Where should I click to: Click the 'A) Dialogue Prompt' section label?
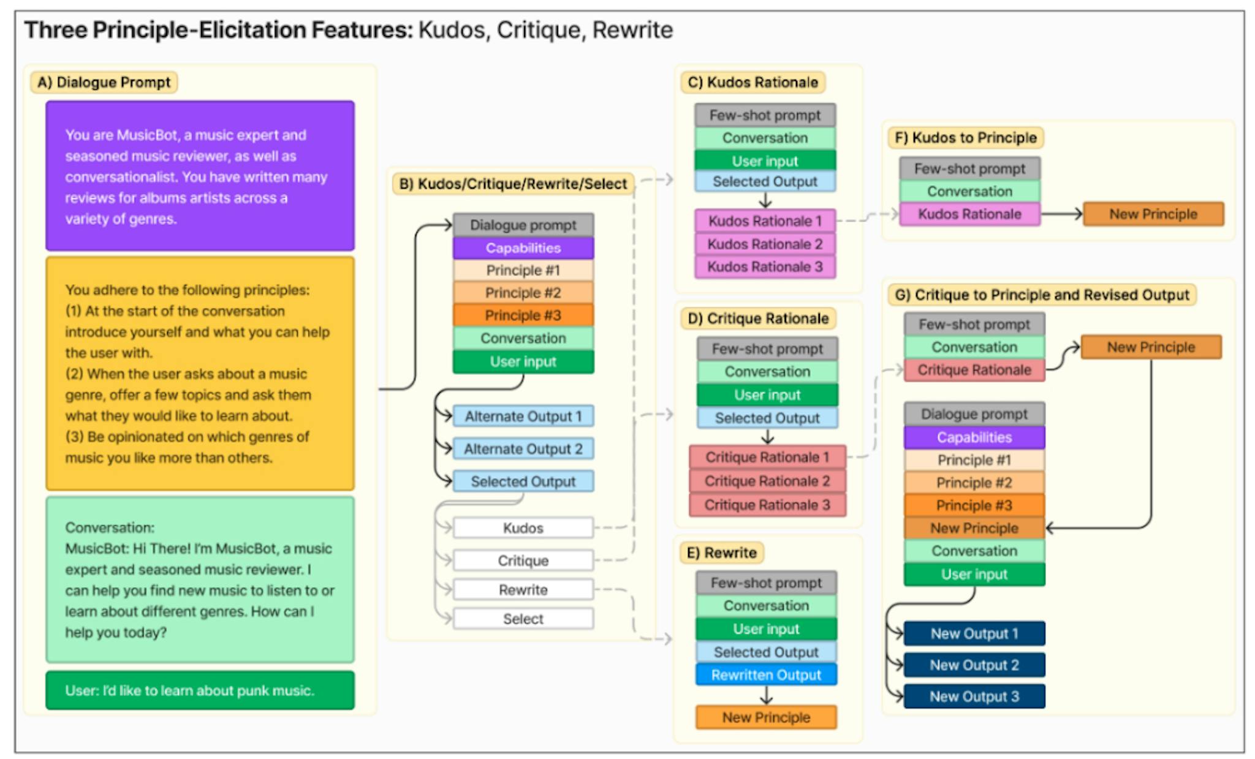[x=104, y=82]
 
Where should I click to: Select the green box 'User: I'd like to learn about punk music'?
[x=200, y=690]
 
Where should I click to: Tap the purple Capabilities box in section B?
[x=523, y=248]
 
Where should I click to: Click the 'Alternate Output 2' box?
[x=523, y=449]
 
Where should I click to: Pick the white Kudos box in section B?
[x=523, y=528]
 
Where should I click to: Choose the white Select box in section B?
[x=523, y=619]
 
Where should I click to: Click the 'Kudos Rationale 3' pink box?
[x=765, y=267]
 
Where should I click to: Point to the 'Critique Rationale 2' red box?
[x=767, y=481]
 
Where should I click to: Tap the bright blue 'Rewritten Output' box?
[x=766, y=675]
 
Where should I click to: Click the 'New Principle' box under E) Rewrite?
[x=766, y=717]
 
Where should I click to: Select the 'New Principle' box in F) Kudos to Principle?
[x=1153, y=214]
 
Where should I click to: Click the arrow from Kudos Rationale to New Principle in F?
[x=1061, y=214]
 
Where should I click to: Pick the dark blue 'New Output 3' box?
[x=974, y=697]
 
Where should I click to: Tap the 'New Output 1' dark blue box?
[x=974, y=633]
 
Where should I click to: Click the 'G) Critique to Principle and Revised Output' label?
[x=1041, y=295]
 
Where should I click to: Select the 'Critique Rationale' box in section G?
[x=974, y=370]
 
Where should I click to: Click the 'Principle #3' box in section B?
[x=523, y=315]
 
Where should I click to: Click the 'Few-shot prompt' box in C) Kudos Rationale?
[x=765, y=115]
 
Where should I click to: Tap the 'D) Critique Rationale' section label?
[x=758, y=319]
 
